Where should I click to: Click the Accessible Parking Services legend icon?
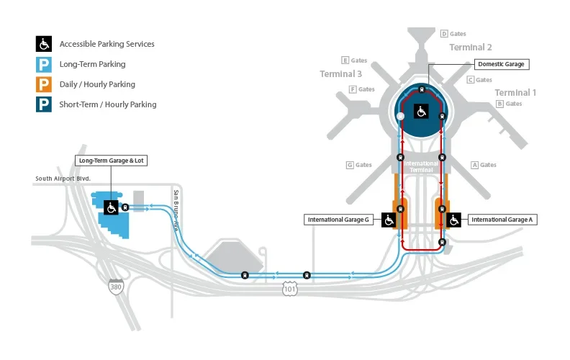(45, 44)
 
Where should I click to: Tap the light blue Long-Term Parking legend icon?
(45, 64)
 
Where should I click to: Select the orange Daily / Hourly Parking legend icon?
(45, 84)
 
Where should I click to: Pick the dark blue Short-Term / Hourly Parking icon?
(45, 104)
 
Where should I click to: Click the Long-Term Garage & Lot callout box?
(111, 161)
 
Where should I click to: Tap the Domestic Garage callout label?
(501, 64)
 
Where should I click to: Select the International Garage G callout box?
(339, 220)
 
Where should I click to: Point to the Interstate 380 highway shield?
(115, 287)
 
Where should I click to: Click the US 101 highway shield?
(290, 288)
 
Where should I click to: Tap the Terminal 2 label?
(471, 48)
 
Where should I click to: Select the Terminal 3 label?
(341, 73)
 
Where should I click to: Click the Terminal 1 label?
(515, 92)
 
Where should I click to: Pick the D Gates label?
(453, 34)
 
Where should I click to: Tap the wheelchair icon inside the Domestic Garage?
(421, 111)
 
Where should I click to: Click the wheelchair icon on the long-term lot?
(112, 207)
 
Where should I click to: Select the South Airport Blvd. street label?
(63, 179)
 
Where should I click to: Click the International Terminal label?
(421, 166)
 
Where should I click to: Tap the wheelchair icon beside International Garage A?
(453, 220)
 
